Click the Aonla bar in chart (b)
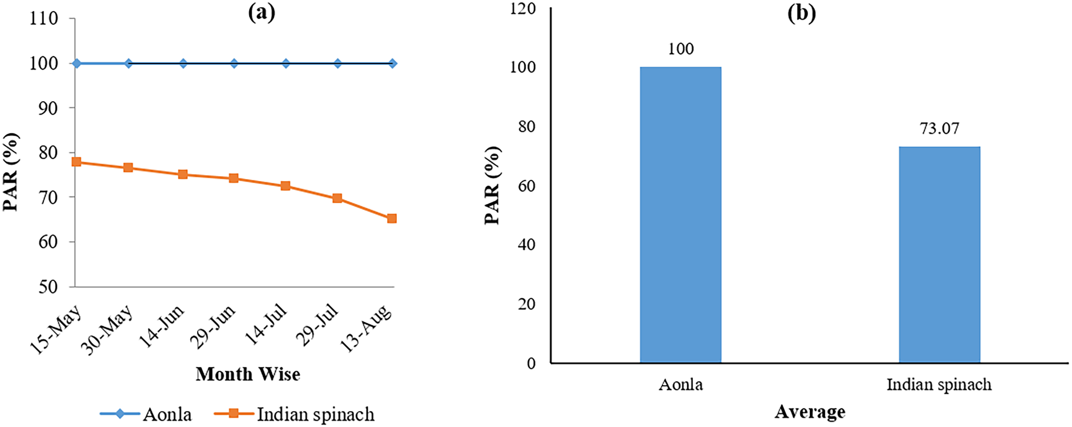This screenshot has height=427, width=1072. [x=680, y=214]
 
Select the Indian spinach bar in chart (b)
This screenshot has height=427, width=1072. [x=939, y=254]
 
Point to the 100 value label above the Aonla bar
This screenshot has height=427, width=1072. [x=681, y=49]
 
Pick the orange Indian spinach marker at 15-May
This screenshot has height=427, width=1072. [x=76, y=162]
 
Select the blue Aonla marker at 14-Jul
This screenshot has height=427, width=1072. [x=286, y=63]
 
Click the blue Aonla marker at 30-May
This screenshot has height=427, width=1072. [x=128, y=63]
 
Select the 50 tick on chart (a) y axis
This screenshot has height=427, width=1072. [x=48, y=287]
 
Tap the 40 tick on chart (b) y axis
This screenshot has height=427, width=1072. [x=526, y=244]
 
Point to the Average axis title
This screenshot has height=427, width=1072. [x=809, y=412]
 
